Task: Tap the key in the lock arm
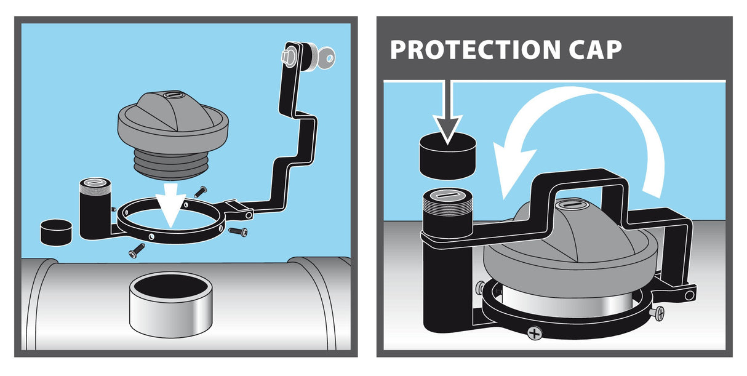[325, 58]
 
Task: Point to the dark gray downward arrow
[448, 113]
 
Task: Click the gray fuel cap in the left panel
[173, 134]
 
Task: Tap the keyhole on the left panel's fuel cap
[174, 95]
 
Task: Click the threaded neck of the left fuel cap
[172, 165]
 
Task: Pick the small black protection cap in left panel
[56, 232]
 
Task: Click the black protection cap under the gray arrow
[448, 156]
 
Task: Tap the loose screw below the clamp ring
[137, 250]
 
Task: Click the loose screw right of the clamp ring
[238, 231]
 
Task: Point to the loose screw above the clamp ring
[201, 192]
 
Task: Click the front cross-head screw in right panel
[535, 333]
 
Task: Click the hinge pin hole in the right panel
[689, 295]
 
